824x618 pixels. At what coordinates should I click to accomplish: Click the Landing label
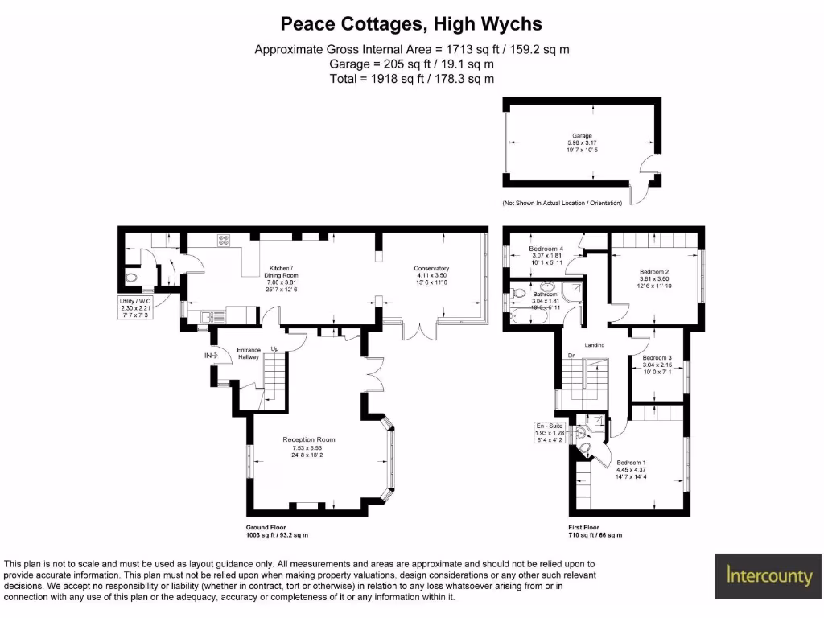[594, 345]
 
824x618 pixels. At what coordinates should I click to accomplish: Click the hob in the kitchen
[223, 239]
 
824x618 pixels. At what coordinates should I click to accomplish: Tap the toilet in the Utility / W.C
[134, 278]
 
